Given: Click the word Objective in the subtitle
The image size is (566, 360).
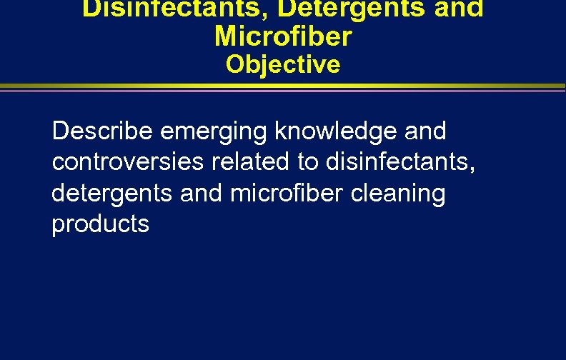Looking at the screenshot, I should pyautogui.click(x=283, y=65).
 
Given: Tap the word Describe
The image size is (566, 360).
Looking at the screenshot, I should pyautogui.click(x=103, y=132).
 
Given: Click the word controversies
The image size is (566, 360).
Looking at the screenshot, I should pyautogui.click(x=128, y=163).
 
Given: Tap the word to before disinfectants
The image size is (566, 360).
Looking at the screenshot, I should pyautogui.click(x=308, y=163).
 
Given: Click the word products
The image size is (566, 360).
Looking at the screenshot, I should pyautogui.click(x=101, y=224).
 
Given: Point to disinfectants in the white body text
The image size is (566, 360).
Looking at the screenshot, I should pyautogui.click(x=397, y=163).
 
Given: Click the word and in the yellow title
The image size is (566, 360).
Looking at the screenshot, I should pyautogui.click(x=460, y=9).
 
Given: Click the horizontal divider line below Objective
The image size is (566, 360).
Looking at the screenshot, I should pyautogui.click(x=283, y=88).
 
